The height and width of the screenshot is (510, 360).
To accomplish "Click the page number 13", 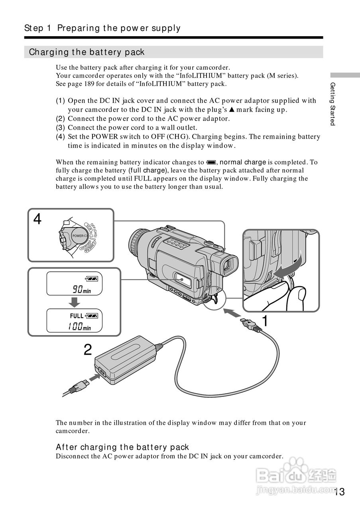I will pos(340,492).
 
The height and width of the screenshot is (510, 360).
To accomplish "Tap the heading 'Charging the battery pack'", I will pos(87,52).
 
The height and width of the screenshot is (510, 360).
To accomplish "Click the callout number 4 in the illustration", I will pos(37,219).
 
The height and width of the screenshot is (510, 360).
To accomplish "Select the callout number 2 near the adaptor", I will pos(88,350).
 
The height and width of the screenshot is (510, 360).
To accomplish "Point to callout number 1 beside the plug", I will pos(264,321).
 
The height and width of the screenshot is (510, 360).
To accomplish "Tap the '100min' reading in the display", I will pos(79,327).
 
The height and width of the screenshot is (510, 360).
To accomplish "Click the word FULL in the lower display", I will pos(77,316).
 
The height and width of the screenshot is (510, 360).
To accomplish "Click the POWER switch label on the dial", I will pos(79,236).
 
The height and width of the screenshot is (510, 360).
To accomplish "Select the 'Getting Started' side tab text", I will pos(332,104).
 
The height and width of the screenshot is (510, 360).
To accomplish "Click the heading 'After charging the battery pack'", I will pos(122,447).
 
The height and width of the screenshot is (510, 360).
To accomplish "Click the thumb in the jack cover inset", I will pos(297,296).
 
